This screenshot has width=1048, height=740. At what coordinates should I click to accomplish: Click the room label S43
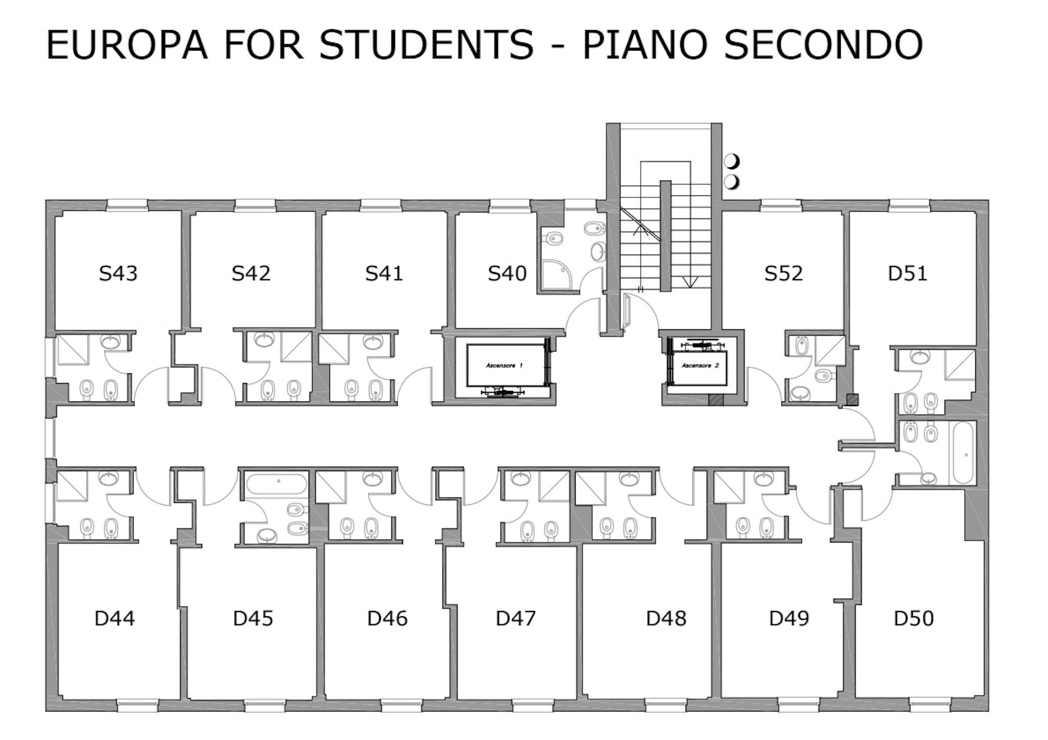118,274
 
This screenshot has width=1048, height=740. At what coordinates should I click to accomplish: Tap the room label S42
251,274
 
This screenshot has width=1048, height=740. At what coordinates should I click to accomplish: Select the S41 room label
384,274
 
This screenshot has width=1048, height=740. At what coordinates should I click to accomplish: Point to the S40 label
507,274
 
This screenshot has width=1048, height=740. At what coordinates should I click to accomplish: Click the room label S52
783,274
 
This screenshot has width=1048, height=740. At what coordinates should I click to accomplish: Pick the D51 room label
907,274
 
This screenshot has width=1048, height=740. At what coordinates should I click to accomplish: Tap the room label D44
115,619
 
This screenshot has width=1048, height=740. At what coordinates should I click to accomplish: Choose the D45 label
253,619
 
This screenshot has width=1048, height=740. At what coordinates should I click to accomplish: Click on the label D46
387,619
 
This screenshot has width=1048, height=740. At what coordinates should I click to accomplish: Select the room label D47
515,619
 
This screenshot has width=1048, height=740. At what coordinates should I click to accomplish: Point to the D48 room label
666,619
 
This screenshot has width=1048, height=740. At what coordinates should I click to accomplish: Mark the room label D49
789,619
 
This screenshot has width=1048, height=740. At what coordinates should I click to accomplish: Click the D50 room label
913,619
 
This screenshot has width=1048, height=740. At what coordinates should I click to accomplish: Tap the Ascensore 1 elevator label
505,366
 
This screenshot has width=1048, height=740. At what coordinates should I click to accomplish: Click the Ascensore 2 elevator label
700,366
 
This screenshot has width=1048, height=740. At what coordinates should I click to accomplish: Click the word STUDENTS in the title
426,45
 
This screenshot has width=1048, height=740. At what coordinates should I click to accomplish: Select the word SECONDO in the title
823,45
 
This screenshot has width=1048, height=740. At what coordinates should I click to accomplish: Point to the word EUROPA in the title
127,45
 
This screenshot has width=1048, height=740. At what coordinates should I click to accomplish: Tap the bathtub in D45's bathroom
276,483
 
